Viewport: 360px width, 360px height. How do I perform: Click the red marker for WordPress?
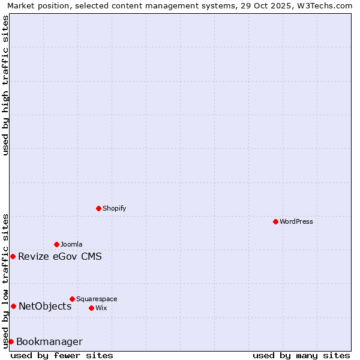point(275,221)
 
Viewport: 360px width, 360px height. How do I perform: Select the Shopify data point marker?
point(98,208)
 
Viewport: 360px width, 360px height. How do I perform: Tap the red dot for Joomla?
point(56,244)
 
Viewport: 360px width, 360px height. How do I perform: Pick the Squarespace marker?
point(72,299)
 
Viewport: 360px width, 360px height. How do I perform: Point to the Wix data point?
point(91,308)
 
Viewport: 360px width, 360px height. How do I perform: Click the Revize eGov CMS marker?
point(13,256)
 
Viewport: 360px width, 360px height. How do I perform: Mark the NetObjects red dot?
point(13,306)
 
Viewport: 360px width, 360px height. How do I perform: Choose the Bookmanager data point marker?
point(11,341)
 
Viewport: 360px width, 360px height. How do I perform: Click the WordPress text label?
point(296,221)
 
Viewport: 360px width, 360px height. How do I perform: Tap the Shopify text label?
point(114,208)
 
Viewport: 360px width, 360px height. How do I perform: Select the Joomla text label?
point(71,244)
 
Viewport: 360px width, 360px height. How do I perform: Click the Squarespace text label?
point(97,299)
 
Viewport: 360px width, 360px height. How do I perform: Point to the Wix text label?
point(101,308)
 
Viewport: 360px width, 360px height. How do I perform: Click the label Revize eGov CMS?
point(60,257)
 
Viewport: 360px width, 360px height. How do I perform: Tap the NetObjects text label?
point(45,307)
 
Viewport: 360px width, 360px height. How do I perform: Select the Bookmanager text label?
point(49,342)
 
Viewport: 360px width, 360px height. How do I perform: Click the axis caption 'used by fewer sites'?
point(62,355)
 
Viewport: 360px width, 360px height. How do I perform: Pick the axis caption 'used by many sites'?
point(301,355)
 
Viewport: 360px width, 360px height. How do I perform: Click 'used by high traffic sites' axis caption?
point(5,86)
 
